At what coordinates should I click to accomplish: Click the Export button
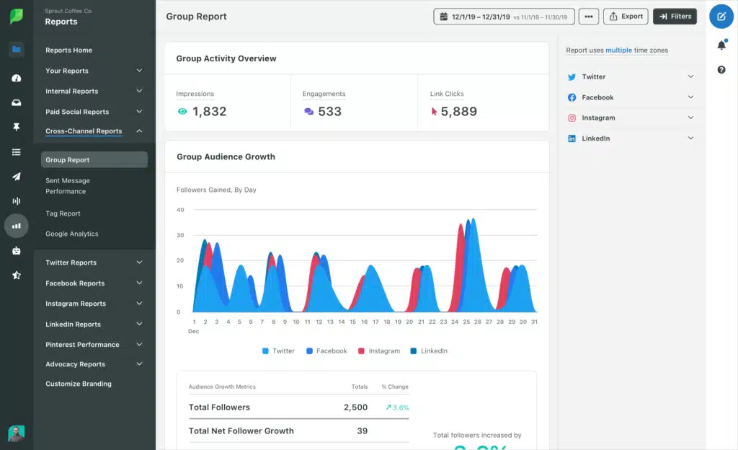point(626,16)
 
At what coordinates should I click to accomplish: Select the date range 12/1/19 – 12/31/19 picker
point(504,16)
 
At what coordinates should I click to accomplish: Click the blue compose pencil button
point(721,16)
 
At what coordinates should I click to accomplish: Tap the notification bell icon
point(721,45)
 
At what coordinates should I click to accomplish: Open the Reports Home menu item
point(68,50)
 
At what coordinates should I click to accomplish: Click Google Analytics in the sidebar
point(72,234)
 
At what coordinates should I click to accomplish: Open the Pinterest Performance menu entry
point(82,345)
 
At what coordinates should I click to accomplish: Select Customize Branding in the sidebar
point(79,384)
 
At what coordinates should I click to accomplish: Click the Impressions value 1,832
point(209,112)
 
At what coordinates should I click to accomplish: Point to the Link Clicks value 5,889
point(458,112)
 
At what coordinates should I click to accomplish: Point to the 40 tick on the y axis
point(180,210)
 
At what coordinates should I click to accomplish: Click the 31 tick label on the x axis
point(533,322)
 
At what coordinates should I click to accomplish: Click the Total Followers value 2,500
point(355,407)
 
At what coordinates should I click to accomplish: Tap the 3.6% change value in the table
point(398,407)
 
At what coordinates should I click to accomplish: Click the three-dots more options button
point(589,16)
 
